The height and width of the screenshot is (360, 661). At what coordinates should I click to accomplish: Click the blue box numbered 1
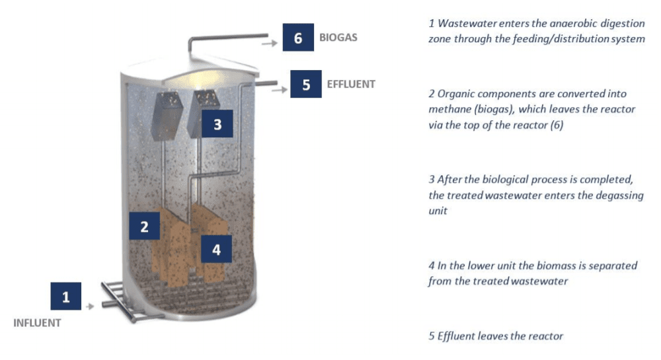[65, 296]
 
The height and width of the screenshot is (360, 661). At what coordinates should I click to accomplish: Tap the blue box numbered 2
[144, 226]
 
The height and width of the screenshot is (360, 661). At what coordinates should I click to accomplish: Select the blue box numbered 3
[217, 124]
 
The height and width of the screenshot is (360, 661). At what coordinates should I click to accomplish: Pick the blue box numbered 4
[216, 249]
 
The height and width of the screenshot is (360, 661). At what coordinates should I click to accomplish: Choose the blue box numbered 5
[306, 84]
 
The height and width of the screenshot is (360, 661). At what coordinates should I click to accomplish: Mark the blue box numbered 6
[298, 38]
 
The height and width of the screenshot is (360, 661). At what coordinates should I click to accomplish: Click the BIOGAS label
[338, 38]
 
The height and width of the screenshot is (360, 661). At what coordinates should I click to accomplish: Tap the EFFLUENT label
[351, 84]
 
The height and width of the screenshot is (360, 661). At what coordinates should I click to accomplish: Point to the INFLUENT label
[37, 323]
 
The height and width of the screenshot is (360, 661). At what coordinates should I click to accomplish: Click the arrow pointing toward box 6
[270, 43]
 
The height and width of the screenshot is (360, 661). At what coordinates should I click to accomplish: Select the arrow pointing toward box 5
[280, 89]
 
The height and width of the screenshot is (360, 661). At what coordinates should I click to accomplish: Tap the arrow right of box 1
[90, 306]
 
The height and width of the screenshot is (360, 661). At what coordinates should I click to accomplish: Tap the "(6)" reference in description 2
[557, 125]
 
